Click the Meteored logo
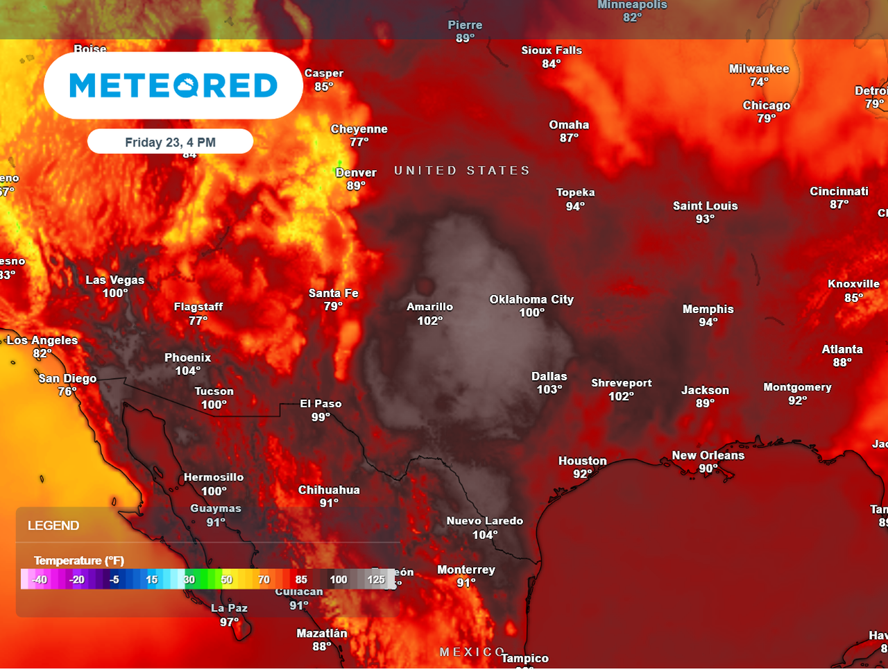[173, 85]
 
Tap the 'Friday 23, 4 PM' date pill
[170, 142]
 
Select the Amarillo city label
[429, 307]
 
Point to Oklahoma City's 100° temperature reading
[531, 313]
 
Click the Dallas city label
[549, 376]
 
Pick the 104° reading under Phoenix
[188, 371]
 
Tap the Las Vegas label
[115, 280]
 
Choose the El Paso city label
[321, 403]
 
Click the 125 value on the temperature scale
[376, 579]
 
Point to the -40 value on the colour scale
[40, 579]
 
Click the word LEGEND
[53, 525]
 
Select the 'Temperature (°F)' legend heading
[78, 561]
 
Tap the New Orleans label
[708, 455]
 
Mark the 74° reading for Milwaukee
[759, 82]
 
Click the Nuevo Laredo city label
[484, 520]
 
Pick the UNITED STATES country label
[462, 171]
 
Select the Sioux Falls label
[552, 50]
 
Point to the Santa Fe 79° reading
[333, 306]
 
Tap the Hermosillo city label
[214, 477]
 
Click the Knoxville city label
[853, 284]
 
